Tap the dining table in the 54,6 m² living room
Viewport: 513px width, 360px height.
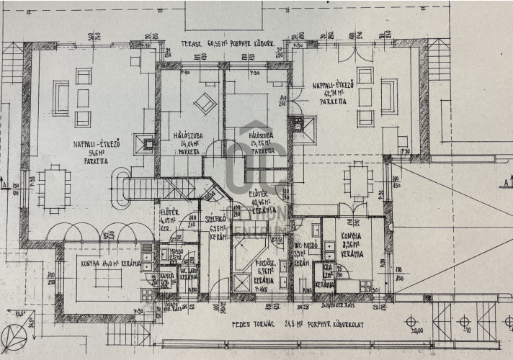tap(55, 189)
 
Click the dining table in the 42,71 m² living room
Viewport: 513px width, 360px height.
tap(357, 179)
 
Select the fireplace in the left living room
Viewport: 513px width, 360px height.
tap(147, 145)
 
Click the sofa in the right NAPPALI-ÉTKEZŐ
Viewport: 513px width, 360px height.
tap(389, 97)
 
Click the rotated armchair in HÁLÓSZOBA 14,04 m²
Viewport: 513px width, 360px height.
tap(205, 103)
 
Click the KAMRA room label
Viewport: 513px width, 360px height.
tap(166, 279)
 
